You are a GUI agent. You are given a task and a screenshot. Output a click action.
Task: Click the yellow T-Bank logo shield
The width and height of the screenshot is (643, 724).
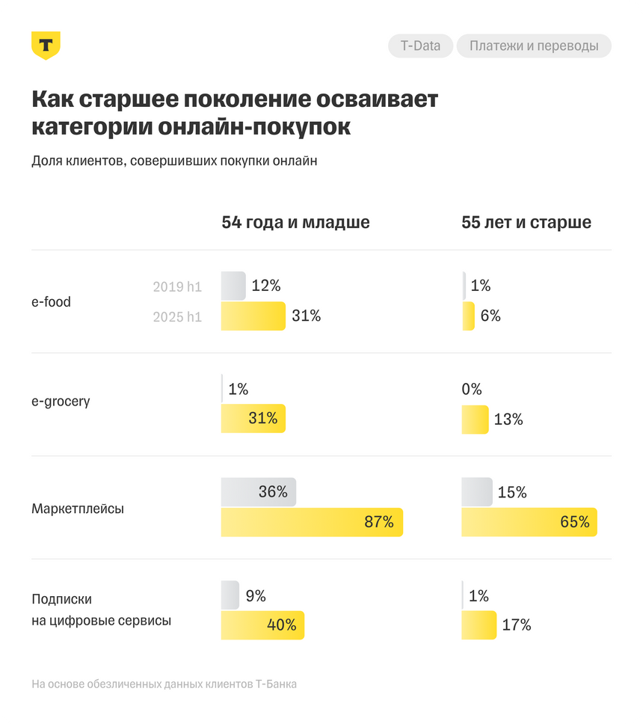coord(46,46)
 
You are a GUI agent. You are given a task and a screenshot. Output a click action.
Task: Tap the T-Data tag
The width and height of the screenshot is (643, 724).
coord(420,46)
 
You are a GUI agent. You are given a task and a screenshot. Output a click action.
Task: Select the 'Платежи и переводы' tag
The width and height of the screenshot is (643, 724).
coord(534,46)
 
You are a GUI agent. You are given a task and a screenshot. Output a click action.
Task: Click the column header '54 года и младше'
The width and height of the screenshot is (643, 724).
coord(295,222)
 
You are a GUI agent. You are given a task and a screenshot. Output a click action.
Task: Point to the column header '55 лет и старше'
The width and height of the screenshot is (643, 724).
coord(526,222)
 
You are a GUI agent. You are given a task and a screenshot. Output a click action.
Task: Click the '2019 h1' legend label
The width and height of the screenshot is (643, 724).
coord(177,286)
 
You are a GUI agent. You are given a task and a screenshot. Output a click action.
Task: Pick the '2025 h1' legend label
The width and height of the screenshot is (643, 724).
coord(177,316)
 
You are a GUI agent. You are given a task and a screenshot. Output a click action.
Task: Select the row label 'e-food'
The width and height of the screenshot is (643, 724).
coord(52,301)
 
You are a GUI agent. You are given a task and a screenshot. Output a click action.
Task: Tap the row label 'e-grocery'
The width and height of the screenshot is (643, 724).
coord(61,401)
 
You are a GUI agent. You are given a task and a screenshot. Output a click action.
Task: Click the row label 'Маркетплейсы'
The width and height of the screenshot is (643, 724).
coord(78,509)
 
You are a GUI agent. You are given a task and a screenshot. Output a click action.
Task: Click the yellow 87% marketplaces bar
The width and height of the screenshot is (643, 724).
coord(312,522)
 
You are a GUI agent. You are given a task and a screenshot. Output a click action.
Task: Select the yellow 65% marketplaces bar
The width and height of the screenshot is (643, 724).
coord(529,522)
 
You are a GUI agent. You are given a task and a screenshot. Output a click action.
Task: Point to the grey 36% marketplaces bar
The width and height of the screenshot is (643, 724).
coord(259,491)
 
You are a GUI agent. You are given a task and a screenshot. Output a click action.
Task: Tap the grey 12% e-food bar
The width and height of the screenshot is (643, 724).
coord(233,286)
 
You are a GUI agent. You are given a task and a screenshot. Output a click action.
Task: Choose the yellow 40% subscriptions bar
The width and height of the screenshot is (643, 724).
coord(262,625)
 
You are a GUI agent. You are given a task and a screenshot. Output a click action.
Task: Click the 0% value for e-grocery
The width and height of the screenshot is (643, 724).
coord(472,390)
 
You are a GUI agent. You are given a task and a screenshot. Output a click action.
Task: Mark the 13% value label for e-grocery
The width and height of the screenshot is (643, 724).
coord(508,420)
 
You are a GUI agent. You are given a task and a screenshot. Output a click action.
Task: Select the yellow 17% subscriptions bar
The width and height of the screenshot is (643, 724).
coord(479,625)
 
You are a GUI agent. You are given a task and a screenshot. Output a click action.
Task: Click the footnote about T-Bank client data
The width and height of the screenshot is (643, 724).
coord(164,684)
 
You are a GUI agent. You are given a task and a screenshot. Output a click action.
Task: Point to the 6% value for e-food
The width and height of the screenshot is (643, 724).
coord(490,316)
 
